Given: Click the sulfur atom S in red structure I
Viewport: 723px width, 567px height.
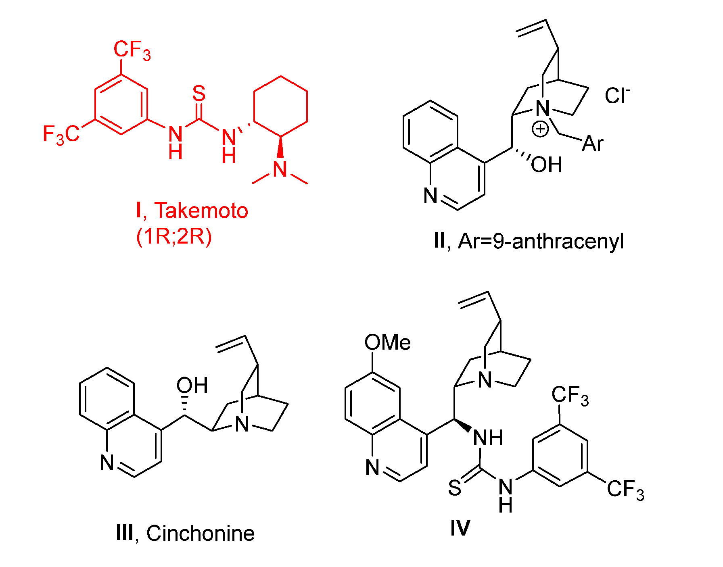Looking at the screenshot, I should pyautogui.click(x=199, y=94).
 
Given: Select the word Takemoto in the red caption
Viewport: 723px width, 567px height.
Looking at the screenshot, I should pyautogui.click(x=201, y=211).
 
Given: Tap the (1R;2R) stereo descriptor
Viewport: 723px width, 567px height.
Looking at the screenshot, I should pyautogui.click(x=174, y=236).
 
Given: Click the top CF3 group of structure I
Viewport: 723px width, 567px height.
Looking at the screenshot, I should pyautogui.click(x=132, y=50).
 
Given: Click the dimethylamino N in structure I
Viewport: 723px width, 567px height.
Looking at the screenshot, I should pyautogui.click(x=280, y=169).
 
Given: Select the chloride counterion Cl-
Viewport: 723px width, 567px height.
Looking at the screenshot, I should pyautogui.click(x=617, y=96).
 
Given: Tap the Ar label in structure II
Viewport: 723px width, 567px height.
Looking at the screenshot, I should pyautogui.click(x=593, y=144).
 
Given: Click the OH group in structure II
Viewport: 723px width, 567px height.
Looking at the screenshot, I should pyautogui.click(x=546, y=165).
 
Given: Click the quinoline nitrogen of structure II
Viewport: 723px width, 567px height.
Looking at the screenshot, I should pyautogui.click(x=430, y=196).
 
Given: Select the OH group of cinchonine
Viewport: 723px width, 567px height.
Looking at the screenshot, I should pyautogui.click(x=192, y=386).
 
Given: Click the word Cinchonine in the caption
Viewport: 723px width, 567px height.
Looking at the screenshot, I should pyautogui.click(x=201, y=534).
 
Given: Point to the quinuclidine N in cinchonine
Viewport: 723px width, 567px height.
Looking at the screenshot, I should pyautogui.click(x=242, y=424).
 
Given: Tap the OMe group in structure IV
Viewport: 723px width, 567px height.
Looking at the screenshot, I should pyautogui.click(x=387, y=343).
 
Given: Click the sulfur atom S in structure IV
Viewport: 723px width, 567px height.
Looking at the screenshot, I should pyautogui.click(x=455, y=488).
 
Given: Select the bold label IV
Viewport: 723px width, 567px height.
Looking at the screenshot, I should pyautogui.click(x=460, y=527).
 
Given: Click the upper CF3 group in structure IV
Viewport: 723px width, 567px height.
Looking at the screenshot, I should pyautogui.click(x=570, y=396).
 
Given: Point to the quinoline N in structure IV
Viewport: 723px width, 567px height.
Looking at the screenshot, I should pyautogui.click(x=372, y=468).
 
